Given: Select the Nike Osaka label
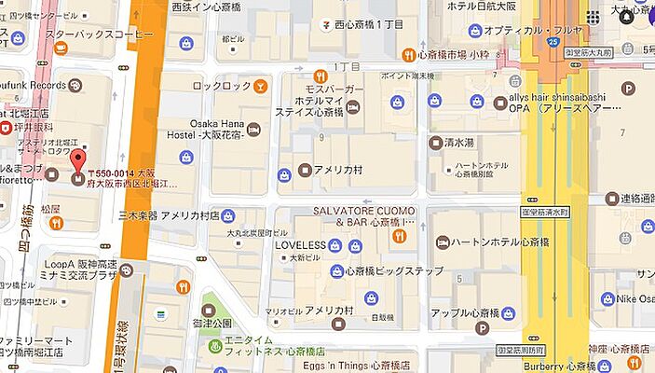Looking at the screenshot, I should point(637,298).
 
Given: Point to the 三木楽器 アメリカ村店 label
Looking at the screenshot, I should point(169,214).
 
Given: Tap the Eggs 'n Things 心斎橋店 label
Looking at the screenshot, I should point(356,365).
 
